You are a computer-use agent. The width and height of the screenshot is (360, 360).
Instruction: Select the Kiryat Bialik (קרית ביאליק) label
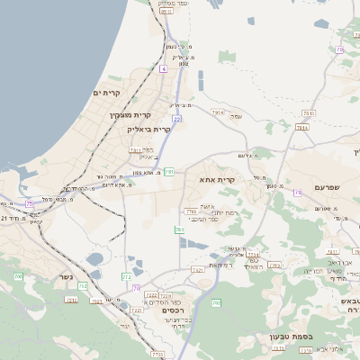tap(147, 130)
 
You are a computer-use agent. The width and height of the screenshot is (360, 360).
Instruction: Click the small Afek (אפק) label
tap(236, 116)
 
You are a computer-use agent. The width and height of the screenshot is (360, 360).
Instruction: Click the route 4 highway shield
tap(164, 68)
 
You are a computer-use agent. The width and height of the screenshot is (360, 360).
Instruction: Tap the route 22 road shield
tap(177, 118)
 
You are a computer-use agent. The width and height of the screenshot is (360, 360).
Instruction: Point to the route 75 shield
tap(30, 204)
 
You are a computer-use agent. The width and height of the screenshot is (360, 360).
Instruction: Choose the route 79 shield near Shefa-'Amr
tap(297, 193)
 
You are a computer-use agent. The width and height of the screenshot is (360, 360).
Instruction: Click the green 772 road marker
tap(126, 277)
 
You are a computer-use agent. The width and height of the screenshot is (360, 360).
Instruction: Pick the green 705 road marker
tap(18, 277)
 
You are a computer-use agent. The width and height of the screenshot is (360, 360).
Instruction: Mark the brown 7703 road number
tap(191, 211)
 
